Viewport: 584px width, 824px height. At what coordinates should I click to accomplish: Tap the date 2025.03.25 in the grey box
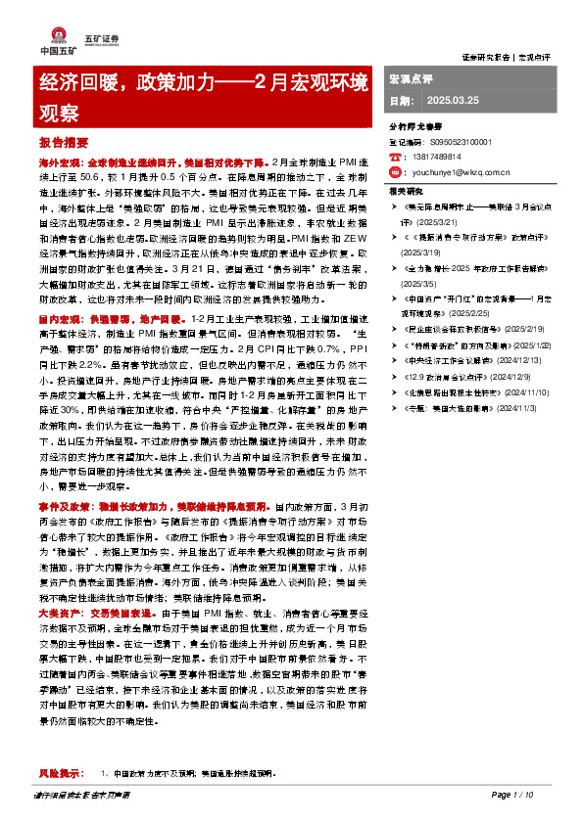451,101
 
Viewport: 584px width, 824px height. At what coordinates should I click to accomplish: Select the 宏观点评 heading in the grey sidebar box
412,77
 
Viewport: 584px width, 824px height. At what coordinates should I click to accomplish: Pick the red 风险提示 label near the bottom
62,772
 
